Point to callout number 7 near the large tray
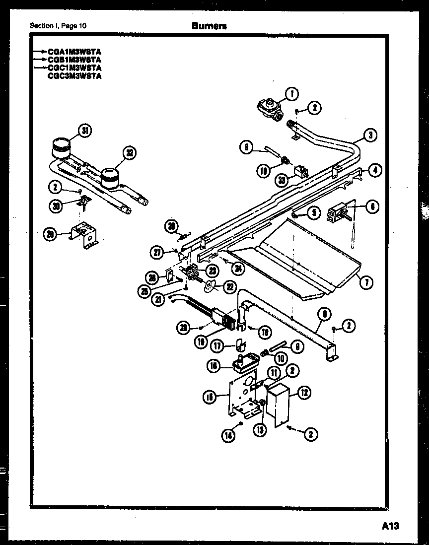pyautogui.click(x=366, y=283)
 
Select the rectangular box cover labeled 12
pyautogui.click(x=278, y=401)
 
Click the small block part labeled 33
pyautogui.click(x=300, y=171)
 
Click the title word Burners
pyautogui.click(x=209, y=26)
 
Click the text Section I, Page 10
pyautogui.click(x=58, y=26)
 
